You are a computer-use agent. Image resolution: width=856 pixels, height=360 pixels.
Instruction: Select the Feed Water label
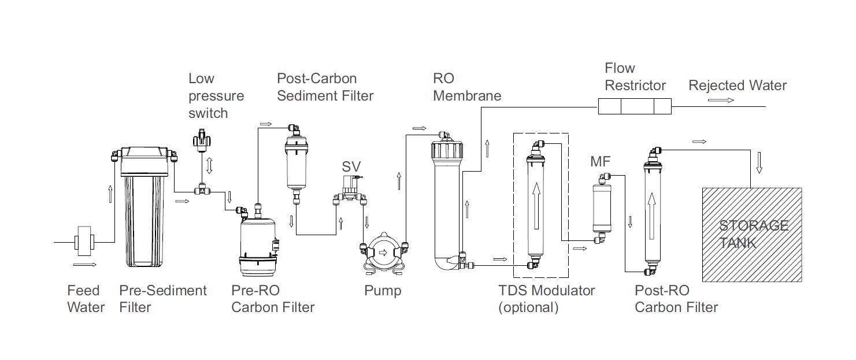(x=86, y=299)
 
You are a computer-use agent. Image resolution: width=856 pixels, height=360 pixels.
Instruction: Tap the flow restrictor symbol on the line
(x=633, y=106)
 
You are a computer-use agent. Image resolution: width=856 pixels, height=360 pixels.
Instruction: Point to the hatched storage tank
(x=751, y=234)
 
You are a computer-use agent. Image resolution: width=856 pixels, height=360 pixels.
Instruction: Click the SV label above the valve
(x=351, y=167)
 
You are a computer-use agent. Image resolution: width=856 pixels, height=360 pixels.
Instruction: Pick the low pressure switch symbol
(x=201, y=140)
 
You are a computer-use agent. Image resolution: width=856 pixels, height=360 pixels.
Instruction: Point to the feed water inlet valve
(x=84, y=242)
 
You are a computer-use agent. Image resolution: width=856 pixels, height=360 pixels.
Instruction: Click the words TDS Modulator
(x=546, y=290)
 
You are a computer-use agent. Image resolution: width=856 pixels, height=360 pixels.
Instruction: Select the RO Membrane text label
(x=466, y=87)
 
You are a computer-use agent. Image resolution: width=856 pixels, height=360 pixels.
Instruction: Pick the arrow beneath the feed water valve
(x=84, y=265)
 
